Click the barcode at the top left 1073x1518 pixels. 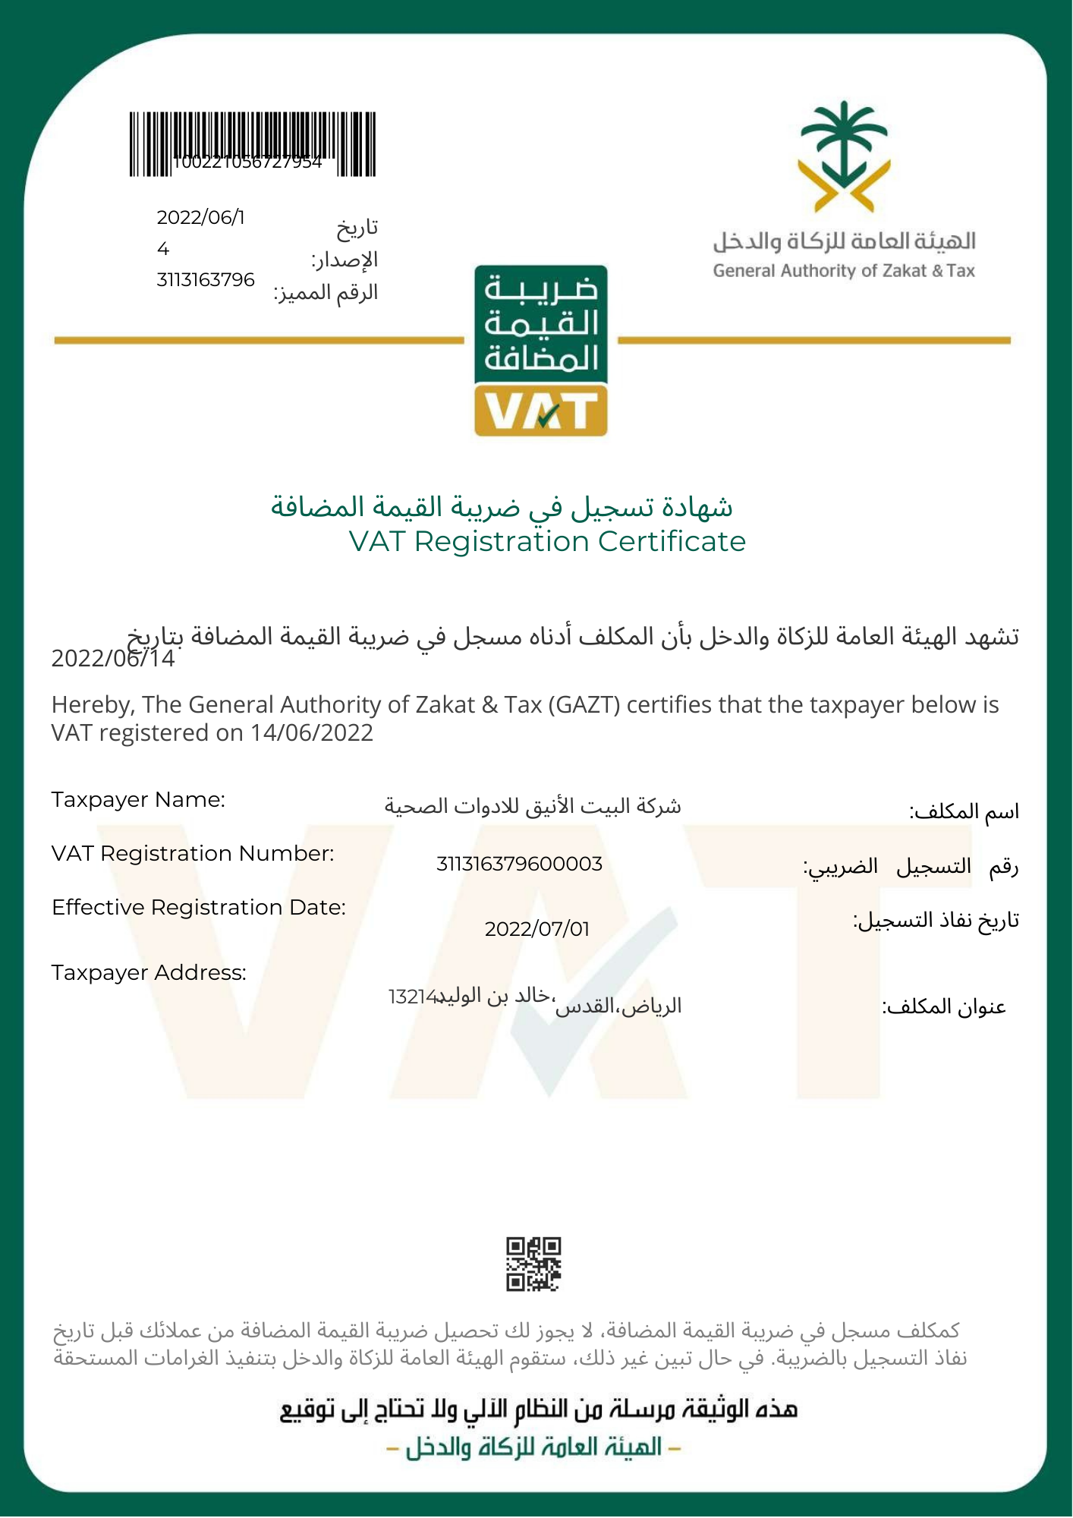(252, 144)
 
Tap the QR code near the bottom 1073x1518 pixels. (533, 1264)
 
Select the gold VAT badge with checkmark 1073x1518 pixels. (541, 411)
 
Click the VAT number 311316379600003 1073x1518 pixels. (519, 864)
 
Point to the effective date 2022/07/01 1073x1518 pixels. (536, 929)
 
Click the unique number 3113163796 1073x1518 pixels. (206, 280)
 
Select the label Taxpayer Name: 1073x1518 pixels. (138, 800)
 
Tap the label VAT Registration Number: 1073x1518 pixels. (193, 854)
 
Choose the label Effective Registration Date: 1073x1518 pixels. (199, 908)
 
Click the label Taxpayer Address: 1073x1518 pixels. (149, 973)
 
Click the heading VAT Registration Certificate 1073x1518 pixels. (547, 542)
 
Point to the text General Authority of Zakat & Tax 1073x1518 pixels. (844, 271)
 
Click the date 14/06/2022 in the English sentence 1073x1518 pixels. (312, 733)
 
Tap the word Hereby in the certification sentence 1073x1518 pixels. (93, 705)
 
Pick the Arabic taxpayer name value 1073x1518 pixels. (533, 805)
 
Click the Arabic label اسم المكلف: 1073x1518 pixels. (964, 811)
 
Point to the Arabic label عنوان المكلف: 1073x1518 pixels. (944, 1007)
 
